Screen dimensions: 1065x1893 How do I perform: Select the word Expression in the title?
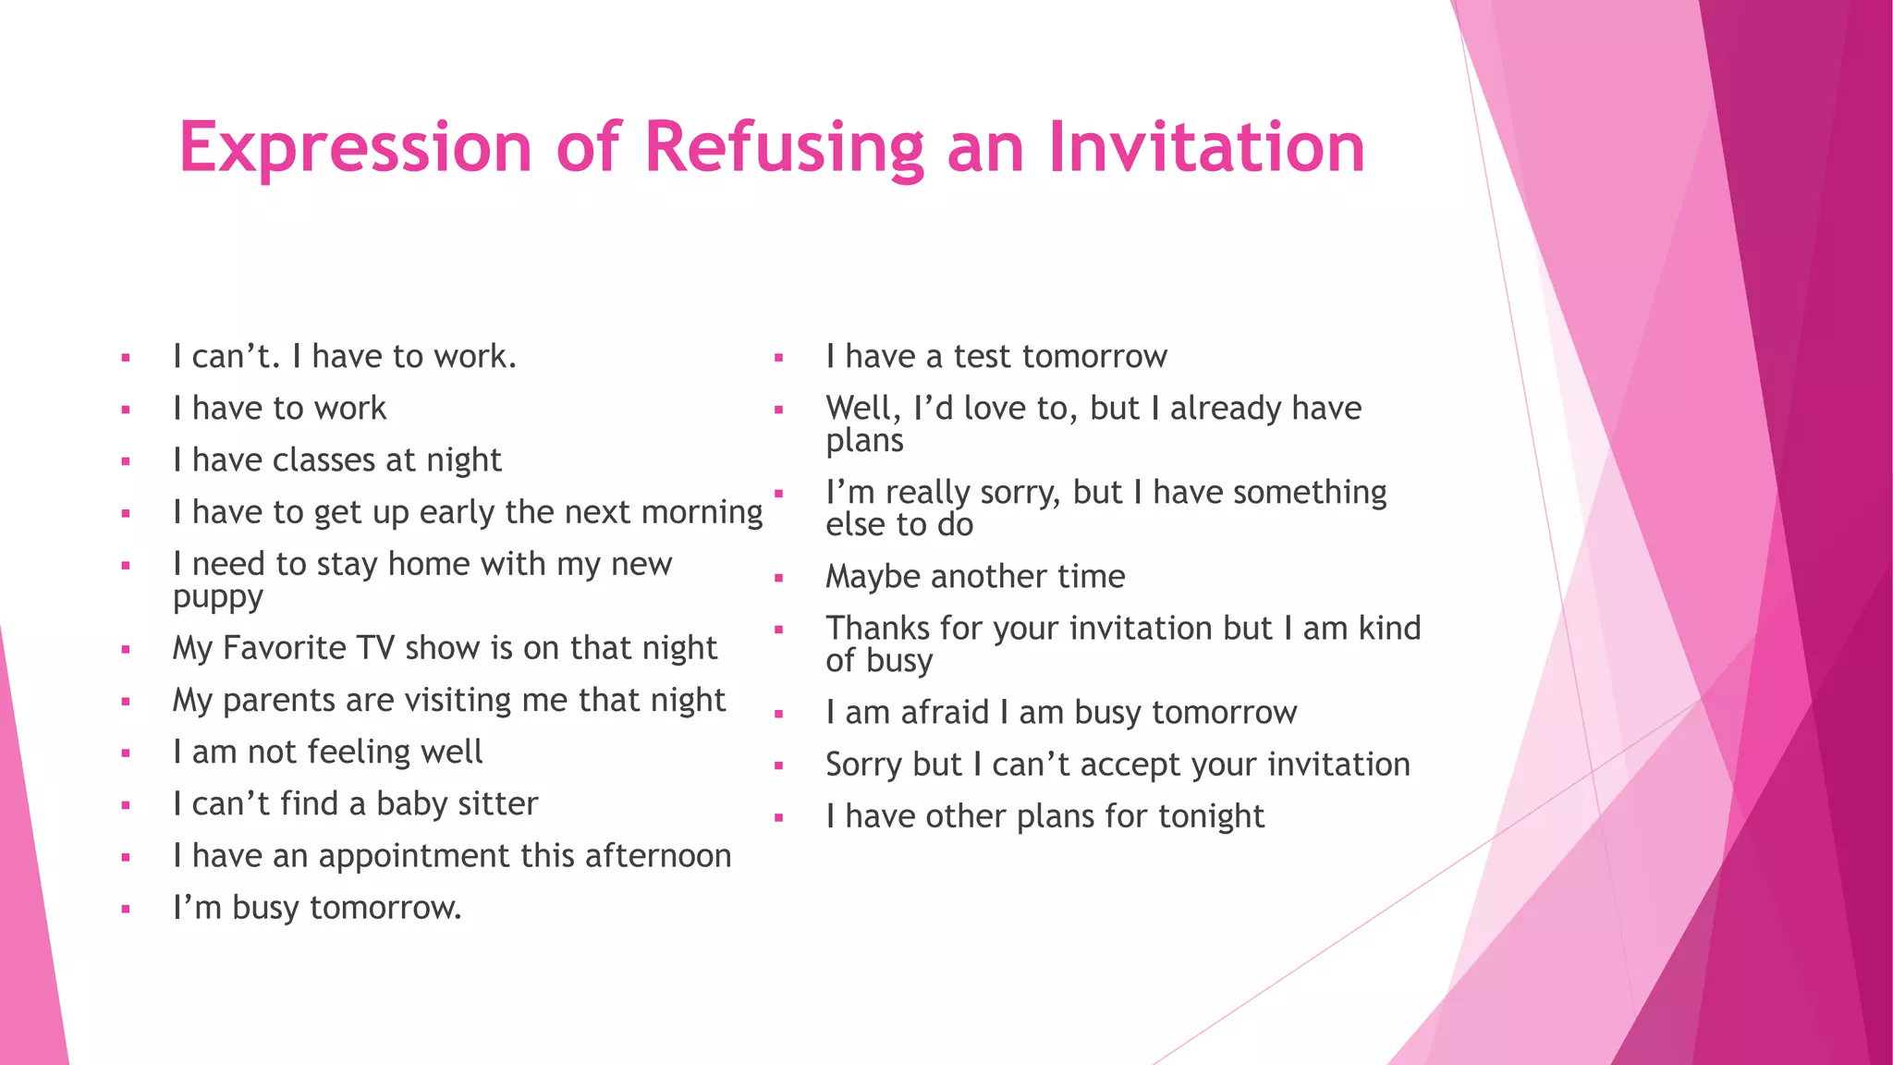356,148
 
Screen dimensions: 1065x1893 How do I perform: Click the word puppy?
218,598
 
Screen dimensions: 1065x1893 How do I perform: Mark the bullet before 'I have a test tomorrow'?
779,358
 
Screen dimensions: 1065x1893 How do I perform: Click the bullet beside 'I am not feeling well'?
126,753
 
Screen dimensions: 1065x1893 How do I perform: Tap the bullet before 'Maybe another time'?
779,579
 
